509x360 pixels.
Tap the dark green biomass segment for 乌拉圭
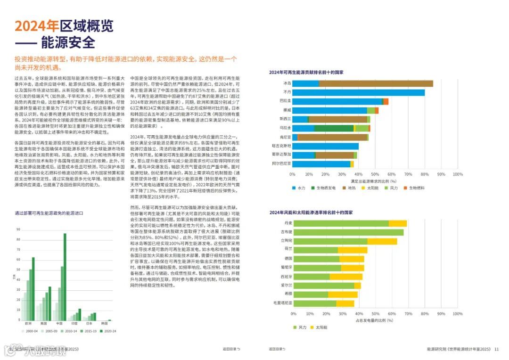334,128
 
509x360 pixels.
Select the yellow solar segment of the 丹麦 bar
398,223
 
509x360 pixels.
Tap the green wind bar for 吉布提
349,232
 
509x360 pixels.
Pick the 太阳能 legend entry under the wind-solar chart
321,327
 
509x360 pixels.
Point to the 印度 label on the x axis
74,324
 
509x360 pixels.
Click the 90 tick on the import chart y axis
18,229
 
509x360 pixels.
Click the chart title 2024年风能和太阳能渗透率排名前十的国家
311,213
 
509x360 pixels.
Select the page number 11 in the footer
496,349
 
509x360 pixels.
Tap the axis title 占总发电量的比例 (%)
375,320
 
